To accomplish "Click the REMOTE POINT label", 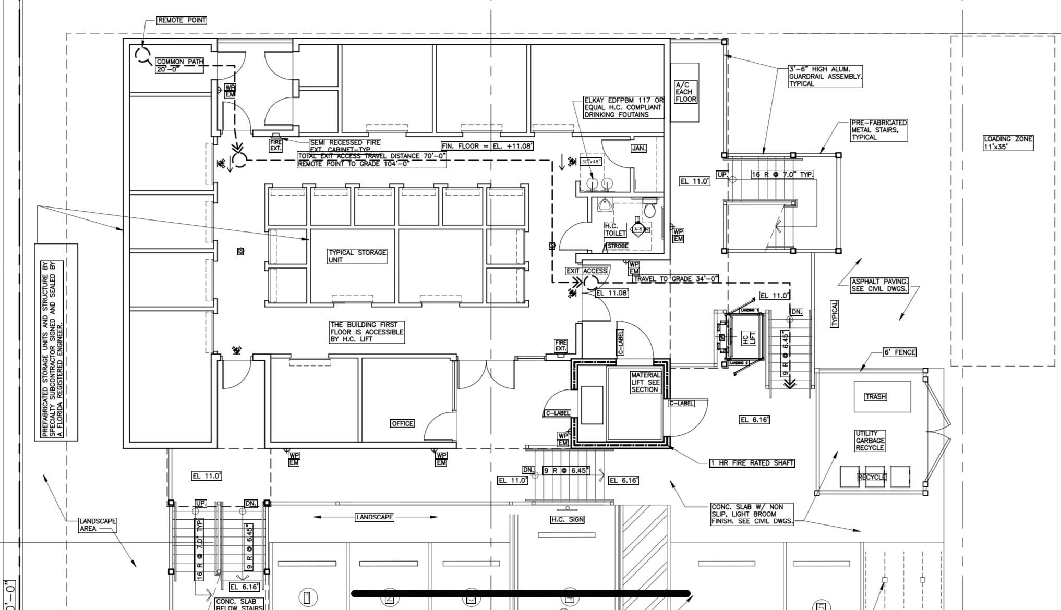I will pyautogui.click(x=182, y=20).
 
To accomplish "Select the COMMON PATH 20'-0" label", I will pyautogui.click(x=179, y=65).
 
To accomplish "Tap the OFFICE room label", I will pyautogui.click(x=402, y=423).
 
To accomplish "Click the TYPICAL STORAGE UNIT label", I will pyautogui.click(x=357, y=256).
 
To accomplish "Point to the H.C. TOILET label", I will pyautogui.click(x=615, y=229).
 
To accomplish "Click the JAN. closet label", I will pyautogui.click(x=638, y=148).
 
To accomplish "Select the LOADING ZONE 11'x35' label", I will pyautogui.click(x=1008, y=143).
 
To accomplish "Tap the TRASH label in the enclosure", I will pyautogui.click(x=875, y=397).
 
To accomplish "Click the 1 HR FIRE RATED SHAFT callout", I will pyautogui.click(x=752, y=463).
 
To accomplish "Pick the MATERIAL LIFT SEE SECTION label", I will pyautogui.click(x=645, y=382).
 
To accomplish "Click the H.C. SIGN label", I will pyautogui.click(x=568, y=519).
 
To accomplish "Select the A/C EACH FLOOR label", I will pyautogui.click(x=685, y=92).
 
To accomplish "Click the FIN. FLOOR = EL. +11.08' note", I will pyautogui.click(x=487, y=146).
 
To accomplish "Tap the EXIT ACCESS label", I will pyautogui.click(x=587, y=271).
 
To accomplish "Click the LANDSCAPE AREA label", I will pyautogui.click(x=98, y=525).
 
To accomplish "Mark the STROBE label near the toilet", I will pyautogui.click(x=618, y=246).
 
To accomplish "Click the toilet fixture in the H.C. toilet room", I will pyautogui.click(x=649, y=210).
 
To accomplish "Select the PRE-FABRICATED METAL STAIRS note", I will pyautogui.click(x=879, y=130).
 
